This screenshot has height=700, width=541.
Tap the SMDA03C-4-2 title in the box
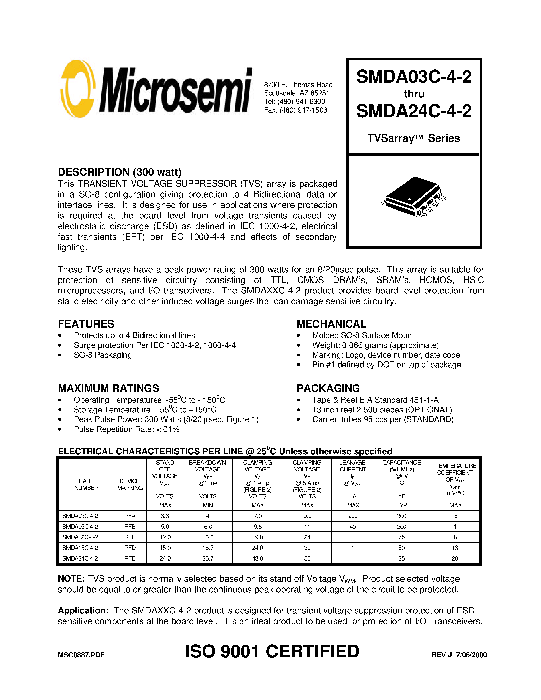414,77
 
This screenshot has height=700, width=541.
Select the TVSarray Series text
413,138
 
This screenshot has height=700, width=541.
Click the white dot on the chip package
409,199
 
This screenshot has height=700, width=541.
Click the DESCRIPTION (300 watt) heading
120,172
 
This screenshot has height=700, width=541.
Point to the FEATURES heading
86,324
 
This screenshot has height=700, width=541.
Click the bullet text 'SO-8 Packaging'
103,355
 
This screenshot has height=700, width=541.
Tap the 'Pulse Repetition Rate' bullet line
126,429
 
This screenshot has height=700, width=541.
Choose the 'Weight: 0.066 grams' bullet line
375,345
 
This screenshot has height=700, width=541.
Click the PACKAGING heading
328,388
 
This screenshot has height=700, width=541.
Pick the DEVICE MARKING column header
130,484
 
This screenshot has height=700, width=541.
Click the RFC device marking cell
130,537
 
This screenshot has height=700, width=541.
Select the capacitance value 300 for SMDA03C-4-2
401,516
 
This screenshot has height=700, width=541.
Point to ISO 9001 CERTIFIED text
272,652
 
